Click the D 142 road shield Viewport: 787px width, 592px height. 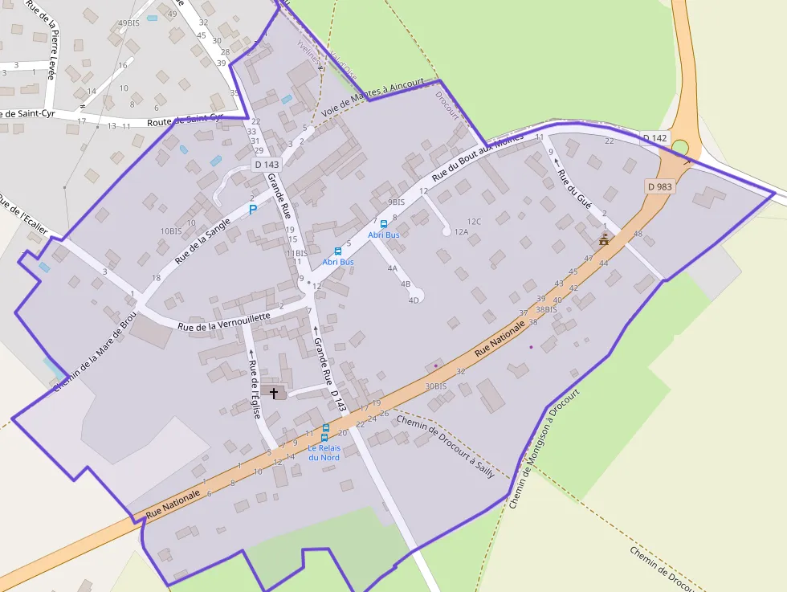tap(654, 138)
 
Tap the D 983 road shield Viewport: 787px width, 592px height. tap(660, 186)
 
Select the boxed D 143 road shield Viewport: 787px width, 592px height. tap(267, 165)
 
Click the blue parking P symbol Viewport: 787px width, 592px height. tap(253, 210)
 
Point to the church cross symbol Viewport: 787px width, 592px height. tap(275, 393)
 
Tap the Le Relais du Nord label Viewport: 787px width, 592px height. tap(324, 452)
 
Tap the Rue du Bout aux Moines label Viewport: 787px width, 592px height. tap(477, 158)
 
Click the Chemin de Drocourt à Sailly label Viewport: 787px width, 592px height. tap(445, 447)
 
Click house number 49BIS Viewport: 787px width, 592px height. tap(128, 23)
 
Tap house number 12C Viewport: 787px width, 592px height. tap(474, 222)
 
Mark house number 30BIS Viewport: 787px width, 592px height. tap(435, 386)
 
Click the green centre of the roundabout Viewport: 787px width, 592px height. tap(679, 148)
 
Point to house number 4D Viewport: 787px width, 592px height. tap(414, 300)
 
